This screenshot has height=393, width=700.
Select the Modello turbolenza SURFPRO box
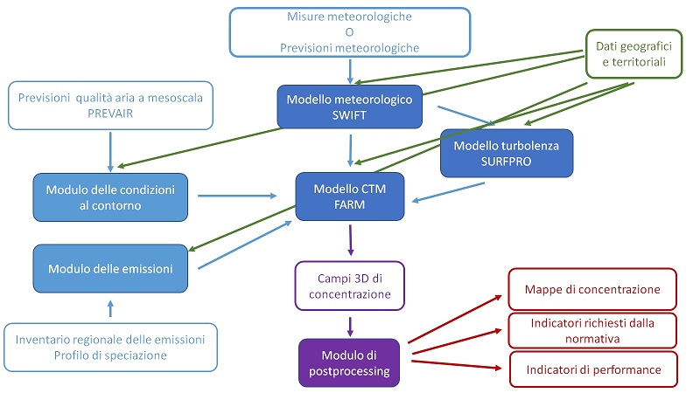[506, 153]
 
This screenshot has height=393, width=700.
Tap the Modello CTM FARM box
[350, 196]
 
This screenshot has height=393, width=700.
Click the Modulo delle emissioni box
[110, 267]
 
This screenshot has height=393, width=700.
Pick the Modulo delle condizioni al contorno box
[110, 196]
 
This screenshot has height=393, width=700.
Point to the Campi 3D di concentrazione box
[349, 286]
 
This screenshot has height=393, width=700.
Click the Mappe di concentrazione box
[593, 288]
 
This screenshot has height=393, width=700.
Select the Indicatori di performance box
[593, 369]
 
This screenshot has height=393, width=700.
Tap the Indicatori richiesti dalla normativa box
[593, 329]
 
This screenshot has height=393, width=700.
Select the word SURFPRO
[506, 162]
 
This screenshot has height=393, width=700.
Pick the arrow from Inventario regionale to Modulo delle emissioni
[110, 309]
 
